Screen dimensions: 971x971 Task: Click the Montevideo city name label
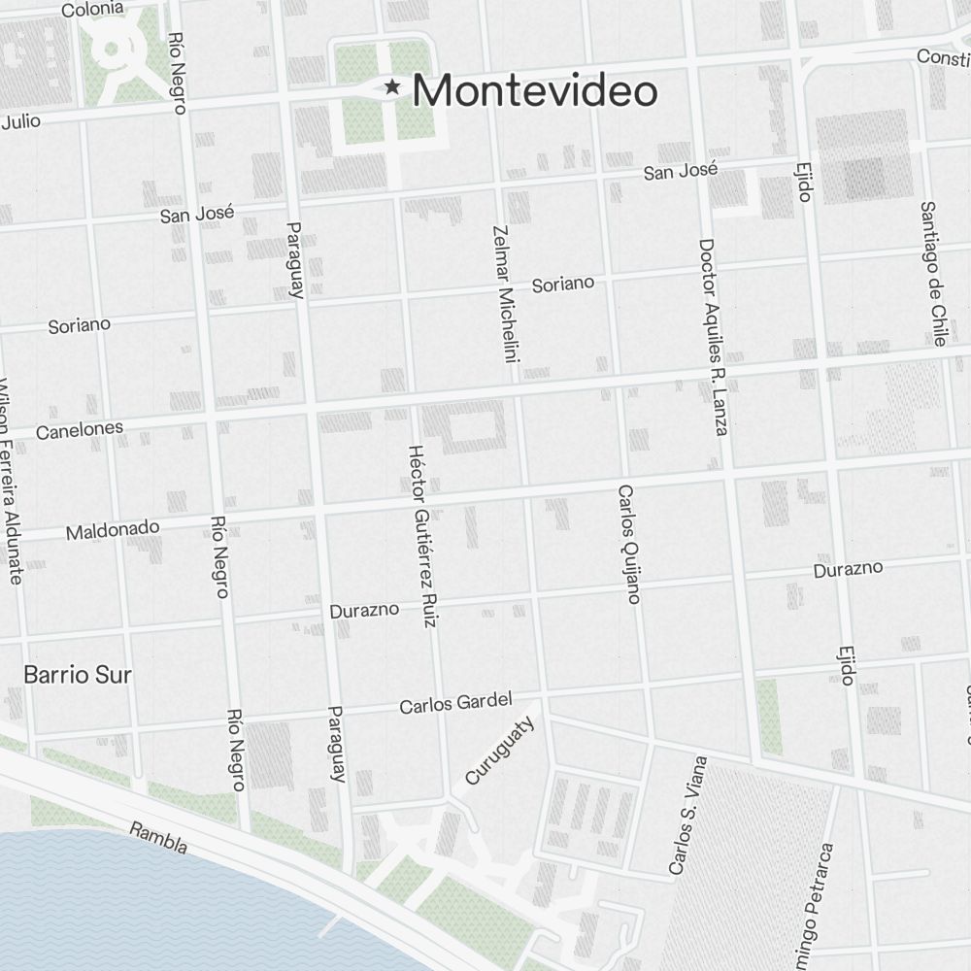[x=535, y=91]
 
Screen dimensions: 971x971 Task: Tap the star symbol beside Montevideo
[x=392, y=87]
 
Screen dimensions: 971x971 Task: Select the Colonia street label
[x=92, y=10]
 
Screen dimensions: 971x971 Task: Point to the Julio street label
[x=21, y=122]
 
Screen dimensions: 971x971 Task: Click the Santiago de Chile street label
[x=933, y=273]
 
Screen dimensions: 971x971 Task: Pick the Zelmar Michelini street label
[x=506, y=294]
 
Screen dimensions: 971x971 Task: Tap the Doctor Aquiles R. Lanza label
[x=713, y=336]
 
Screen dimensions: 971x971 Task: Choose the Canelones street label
[x=80, y=429]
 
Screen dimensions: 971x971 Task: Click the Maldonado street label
[x=113, y=529]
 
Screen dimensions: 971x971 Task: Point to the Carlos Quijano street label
[x=628, y=544]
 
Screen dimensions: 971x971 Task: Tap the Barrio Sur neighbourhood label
[x=78, y=674]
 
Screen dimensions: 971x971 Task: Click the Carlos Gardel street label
[x=455, y=703]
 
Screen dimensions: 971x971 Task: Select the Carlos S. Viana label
[x=687, y=817]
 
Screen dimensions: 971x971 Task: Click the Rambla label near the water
[x=158, y=839]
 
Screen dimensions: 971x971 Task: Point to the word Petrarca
[x=823, y=880]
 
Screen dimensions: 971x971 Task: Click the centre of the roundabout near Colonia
[x=112, y=48]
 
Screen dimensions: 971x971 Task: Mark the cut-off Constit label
[x=943, y=58]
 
